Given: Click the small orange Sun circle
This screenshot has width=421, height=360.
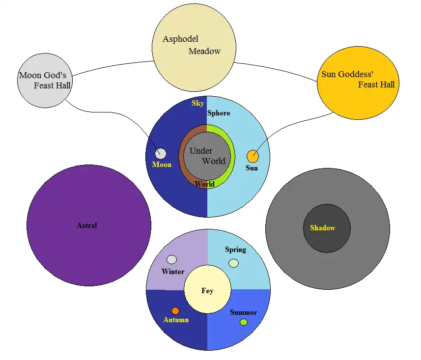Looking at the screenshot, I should tap(253, 157).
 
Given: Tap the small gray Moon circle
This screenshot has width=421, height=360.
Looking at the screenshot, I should tap(160, 154).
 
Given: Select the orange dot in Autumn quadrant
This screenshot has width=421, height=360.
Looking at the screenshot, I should tap(175, 311).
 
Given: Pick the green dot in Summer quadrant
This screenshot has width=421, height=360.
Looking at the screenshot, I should tap(243, 322).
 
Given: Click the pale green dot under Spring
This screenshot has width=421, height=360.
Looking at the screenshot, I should tap(234, 263).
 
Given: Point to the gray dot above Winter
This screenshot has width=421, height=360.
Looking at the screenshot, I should tap(171, 259).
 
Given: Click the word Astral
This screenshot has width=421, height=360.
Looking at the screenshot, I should tap(87, 225).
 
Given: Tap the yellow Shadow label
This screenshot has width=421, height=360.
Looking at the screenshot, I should tap(322, 228).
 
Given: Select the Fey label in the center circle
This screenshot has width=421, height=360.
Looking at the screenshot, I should tap(207, 291).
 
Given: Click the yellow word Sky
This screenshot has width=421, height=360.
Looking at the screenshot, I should tap(198, 103).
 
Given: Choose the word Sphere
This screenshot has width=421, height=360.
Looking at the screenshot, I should tap(219, 113).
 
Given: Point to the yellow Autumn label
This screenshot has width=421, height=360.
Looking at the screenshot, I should tap(176, 320).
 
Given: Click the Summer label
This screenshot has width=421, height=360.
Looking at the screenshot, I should tap(243, 312).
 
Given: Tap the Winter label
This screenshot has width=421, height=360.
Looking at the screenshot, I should tap(173, 272).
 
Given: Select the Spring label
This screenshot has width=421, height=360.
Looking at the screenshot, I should tap(235, 249).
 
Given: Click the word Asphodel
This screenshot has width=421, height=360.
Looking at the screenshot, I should tap(180, 39).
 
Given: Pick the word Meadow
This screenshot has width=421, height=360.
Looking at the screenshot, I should tap(204, 51).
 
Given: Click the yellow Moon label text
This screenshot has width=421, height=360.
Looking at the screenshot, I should tap(162, 165).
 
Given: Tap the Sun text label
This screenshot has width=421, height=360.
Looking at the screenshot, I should tap(252, 168).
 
